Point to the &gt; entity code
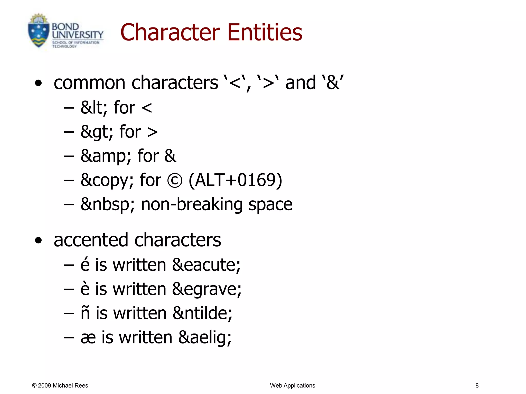pyautogui.click(x=97, y=132)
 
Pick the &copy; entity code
pyautogui.click(x=107, y=180)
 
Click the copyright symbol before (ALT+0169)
pyautogui.click(x=175, y=180)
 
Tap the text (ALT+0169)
pyautogui.click(x=235, y=180)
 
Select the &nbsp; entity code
pyautogui.click(x=108, y=204)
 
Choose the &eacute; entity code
pyautogui.click(x=206, y=265)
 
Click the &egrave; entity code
pyautogui.click(x=207, y=289)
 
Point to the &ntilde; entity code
pyautogui.click(x=203, y=313)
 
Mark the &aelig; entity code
pyautogui.click(x=205, y=337)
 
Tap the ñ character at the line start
pyautogui.click(x=85, y=313)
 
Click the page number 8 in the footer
pyautogui.click(x=477, y=386)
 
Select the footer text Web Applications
pyautogui.click(x=293, y=386)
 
